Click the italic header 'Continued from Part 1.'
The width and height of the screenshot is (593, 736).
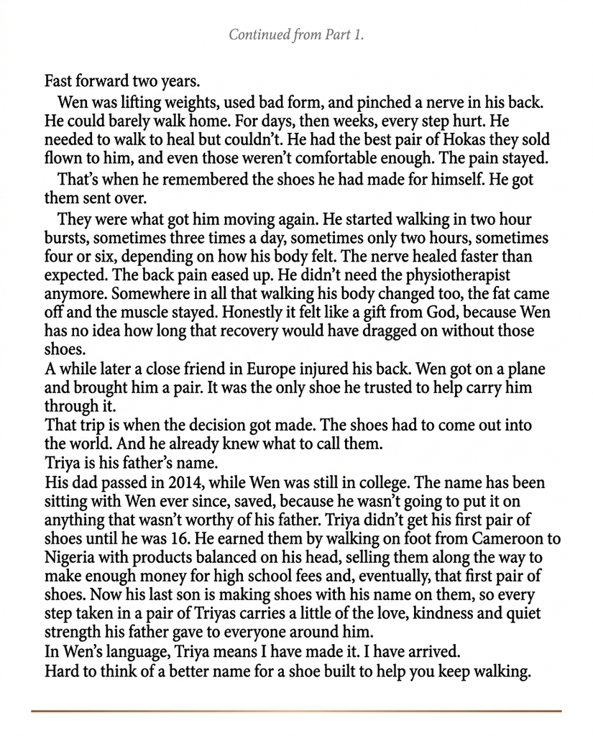point(296,34)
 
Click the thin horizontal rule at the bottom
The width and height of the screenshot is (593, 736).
point(296,712)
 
